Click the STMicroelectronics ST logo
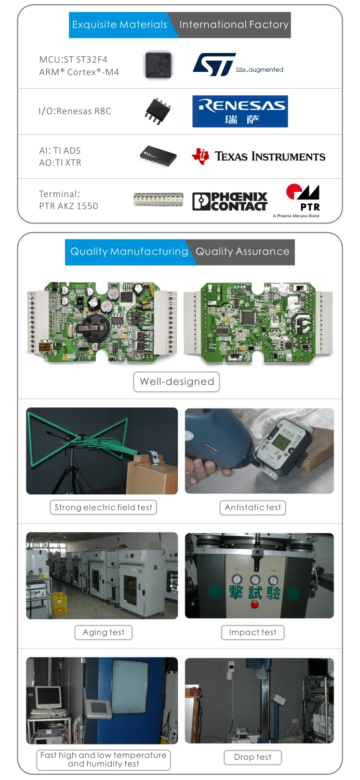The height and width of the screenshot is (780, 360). pos(214,65)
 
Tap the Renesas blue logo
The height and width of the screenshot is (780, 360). pos(240,111)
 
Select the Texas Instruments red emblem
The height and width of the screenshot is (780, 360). pos(200,156)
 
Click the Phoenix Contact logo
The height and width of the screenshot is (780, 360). pos(230,201)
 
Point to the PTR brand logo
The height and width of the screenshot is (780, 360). pos(304,198)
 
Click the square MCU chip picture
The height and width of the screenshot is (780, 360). pos(158,65)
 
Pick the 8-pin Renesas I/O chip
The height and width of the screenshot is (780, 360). pos(158,110)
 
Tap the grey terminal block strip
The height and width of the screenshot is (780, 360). pos(158,199)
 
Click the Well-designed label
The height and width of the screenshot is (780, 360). pos(176,382)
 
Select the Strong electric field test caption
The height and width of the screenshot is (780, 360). pos(103,507)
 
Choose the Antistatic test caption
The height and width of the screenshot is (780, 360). pos(253,507)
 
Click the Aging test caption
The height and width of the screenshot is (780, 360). pos(103,632)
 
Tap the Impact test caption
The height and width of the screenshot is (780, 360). pos(253,632)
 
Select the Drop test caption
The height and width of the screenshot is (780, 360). pos(253,757)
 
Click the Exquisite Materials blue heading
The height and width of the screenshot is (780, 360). pos(120,25)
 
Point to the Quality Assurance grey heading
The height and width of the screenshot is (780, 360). pos(242,251)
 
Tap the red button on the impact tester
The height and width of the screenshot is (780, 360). pos(255,604)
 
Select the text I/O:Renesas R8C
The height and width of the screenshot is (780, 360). pos(75,111)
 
